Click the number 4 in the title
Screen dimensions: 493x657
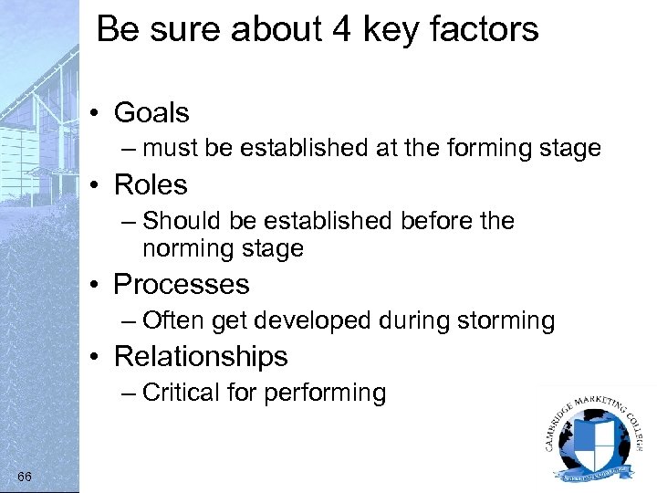point(342,29)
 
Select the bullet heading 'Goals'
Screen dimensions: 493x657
point(151,113)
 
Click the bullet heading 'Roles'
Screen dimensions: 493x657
point(151,185)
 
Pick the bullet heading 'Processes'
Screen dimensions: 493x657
point(181,285)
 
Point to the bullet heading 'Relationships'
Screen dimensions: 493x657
point(201,357)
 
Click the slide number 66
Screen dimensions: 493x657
point(25,477)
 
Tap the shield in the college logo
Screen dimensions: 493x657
point(594,437)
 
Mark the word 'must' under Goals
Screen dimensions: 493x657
point(171,148)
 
